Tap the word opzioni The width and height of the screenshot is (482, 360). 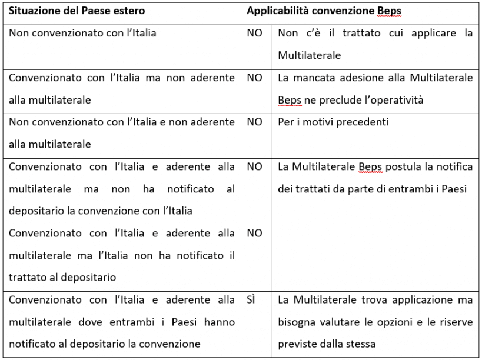pos(374,323)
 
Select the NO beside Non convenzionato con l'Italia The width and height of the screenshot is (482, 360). pos(254,33)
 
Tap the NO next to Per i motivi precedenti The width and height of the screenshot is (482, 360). pos(254,122)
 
